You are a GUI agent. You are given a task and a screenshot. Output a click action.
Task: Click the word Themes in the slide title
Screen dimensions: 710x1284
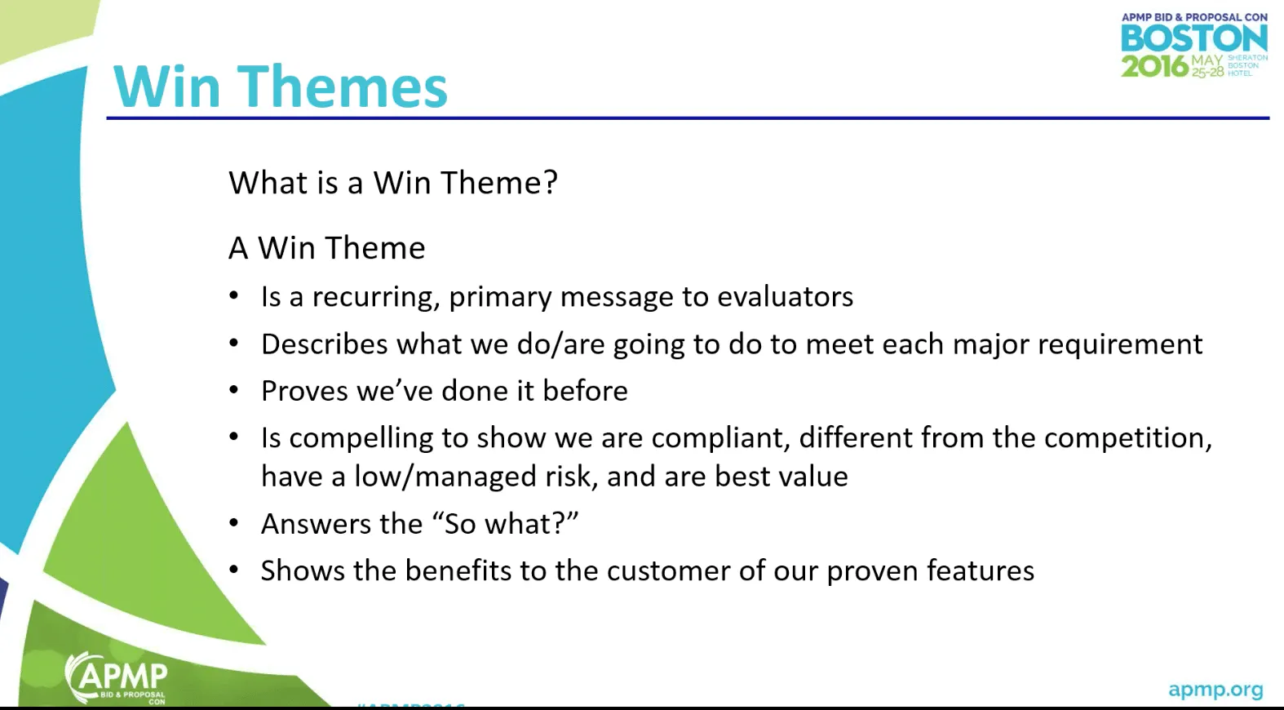342,87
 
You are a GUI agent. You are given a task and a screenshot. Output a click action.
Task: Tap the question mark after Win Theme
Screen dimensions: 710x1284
551,182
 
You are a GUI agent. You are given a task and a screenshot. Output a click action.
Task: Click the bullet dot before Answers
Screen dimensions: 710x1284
234,523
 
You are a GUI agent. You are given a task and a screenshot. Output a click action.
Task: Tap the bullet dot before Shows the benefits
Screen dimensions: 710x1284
234,570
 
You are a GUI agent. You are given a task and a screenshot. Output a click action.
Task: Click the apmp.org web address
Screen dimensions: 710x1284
1215,690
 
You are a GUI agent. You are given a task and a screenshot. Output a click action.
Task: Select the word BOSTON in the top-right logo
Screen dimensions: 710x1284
1193,38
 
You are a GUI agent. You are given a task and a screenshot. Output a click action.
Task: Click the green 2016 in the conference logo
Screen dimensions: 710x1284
1154,65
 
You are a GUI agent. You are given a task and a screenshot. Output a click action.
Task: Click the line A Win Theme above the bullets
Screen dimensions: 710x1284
327,248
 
